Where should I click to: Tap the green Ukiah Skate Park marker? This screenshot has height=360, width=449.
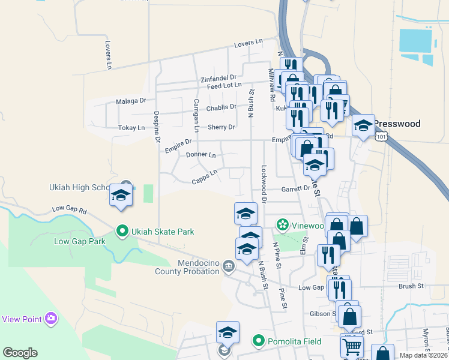122,231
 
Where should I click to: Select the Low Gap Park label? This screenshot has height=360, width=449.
80,242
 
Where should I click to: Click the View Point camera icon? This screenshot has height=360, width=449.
52,317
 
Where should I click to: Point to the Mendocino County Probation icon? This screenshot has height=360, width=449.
228,266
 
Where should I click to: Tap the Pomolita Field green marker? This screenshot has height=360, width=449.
259,341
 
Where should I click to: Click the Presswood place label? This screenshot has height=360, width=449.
397,124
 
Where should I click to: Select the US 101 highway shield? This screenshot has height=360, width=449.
382,137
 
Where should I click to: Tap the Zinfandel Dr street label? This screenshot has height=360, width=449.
218,78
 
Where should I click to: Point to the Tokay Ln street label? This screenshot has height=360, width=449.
131,128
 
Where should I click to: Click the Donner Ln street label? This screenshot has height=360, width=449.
200,155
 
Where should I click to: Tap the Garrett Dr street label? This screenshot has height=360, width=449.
296,188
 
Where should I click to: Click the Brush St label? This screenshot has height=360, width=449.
411,287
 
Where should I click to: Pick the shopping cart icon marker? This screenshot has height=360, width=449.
352,345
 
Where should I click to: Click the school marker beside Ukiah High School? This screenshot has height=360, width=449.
121,196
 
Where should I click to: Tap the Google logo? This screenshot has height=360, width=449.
20,353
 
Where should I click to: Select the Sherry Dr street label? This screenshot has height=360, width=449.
221,127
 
